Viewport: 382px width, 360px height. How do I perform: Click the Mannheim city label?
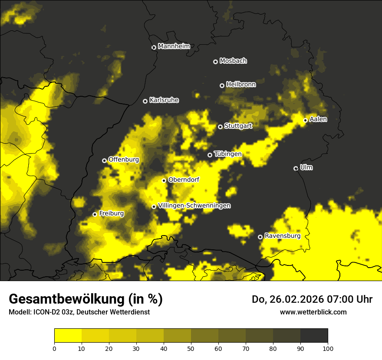click(x=174, y=46)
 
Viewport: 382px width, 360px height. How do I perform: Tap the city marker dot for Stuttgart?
click(x=220, y=127)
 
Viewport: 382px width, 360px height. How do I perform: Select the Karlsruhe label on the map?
click(x=164, y=100)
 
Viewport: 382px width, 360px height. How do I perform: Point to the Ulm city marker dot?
click(x=296, y=168)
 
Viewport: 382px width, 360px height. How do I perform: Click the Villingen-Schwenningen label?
click(x=194, y=206)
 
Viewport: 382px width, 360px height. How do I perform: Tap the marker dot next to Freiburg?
click(x=95, y=214)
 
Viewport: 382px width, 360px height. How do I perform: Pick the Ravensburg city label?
click(x=282, y=236)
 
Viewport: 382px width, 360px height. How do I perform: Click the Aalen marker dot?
click(x=305, y=120)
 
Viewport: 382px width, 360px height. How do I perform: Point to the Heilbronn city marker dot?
click(x=222, y=85)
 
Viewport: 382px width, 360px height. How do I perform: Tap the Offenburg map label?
click(x=123, y=160)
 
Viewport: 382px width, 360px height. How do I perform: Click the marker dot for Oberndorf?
click(x=164, y=180)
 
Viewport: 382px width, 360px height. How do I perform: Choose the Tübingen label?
click(x=227, y=154)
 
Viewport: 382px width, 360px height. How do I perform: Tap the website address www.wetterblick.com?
click(x=313, y=312)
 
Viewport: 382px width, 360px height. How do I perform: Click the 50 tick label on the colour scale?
click(x=191, y=348)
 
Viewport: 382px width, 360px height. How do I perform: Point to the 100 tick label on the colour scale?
click(x=328, y=348)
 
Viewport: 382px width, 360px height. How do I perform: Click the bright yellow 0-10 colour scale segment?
click(x=68, y=336)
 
